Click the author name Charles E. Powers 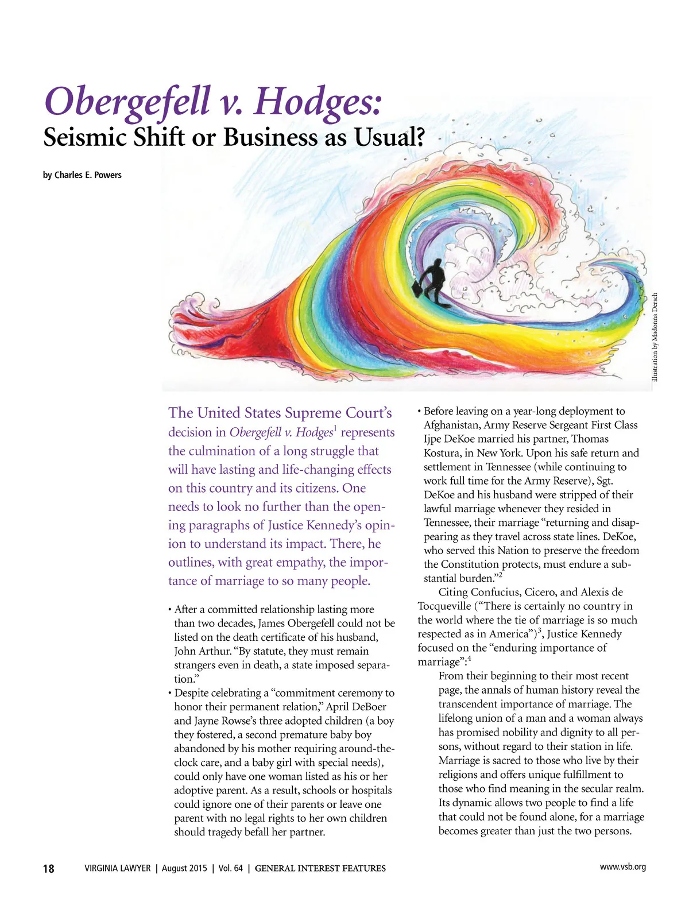point(88,175)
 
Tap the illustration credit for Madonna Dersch point(655,336)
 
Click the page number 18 point(49,868)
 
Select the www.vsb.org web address point(622,866)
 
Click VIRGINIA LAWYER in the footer point(118,868)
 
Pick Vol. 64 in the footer point(230,868)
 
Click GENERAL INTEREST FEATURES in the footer point(320,868)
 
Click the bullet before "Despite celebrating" point(170,694)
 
